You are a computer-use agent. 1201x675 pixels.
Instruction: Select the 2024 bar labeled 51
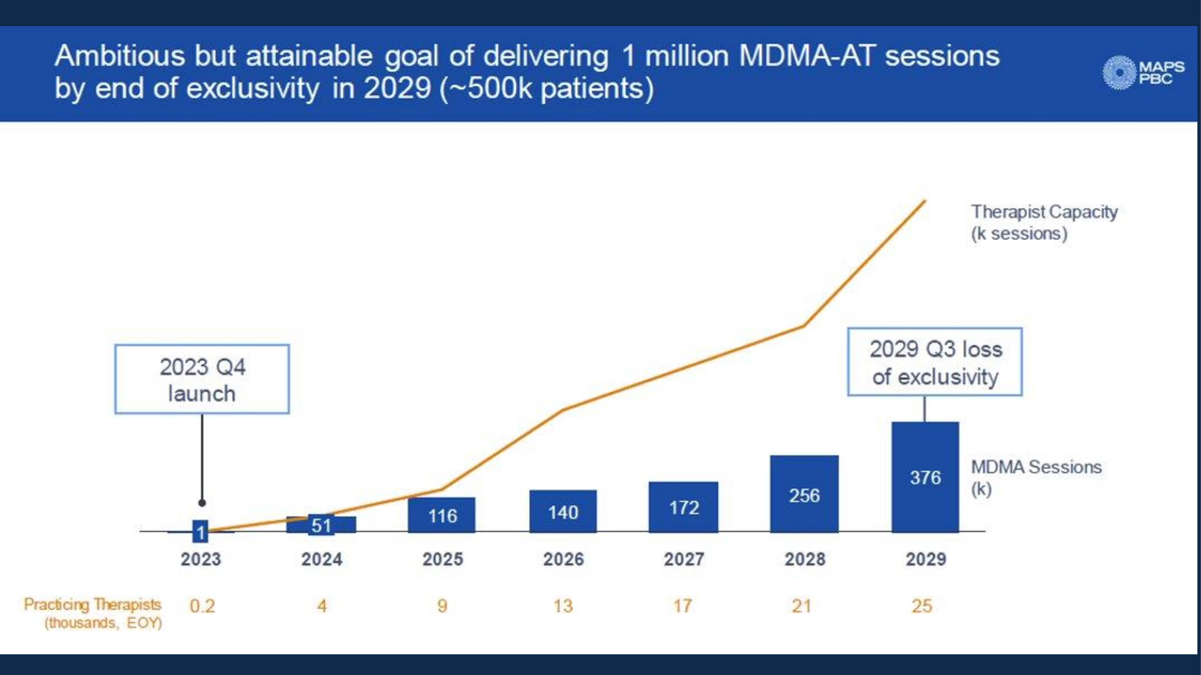click(x=321, y=525)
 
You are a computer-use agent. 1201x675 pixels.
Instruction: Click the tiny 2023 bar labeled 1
click(x=200, y=531)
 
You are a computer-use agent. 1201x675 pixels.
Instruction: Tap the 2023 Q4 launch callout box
click(x=202, y=379)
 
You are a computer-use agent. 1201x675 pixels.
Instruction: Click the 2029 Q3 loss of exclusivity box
click(x=935, y=362)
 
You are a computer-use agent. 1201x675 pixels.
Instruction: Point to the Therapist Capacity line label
click(x=1044, y=222)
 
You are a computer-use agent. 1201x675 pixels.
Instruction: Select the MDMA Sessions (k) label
click(x=1036, y=477)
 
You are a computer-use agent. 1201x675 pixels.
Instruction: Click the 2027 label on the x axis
click(x=684, y=559)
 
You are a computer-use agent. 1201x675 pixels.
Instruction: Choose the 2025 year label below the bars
click(x=442, y=559)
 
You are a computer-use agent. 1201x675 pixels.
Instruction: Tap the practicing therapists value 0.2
click(x=202, y=606)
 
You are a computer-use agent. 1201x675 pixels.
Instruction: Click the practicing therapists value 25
click(x=922, y=606)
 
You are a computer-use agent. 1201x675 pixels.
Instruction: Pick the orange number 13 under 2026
click(x=563, y=606)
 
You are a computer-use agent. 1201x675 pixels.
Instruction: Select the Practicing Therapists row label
click(x=93, y=613)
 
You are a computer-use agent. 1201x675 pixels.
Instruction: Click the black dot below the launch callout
click(x=202, y=503)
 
